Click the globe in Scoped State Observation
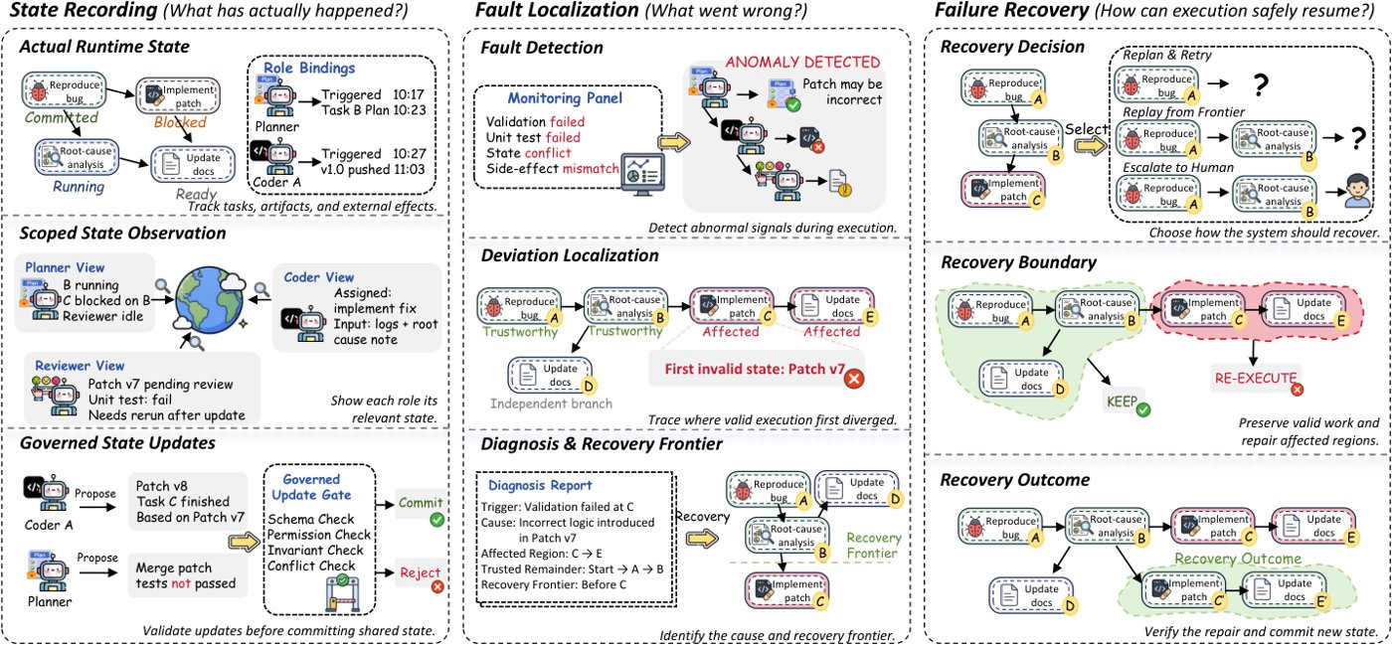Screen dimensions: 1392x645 [x=210, y=301]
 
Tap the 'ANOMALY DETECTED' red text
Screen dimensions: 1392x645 [x=803, y=63]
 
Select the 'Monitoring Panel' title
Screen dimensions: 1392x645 [x=565, y=98]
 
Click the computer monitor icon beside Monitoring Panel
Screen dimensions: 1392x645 [x=644, y=175]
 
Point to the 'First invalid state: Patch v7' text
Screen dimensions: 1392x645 [x=755, y=369]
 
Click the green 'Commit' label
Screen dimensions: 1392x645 [x=421, y=503]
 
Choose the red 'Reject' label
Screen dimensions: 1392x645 [x=420, y=572]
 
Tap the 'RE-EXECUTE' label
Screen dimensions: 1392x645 [x=1255, y=379]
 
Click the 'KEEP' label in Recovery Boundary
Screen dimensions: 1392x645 [x=1122, y=403]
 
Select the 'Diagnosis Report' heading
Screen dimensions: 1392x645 [x=539, y=485]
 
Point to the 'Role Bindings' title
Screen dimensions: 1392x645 [x=309, y=69]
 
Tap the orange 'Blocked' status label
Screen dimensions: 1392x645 [x=180, y=122]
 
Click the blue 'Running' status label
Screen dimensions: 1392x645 [x=79, y=187]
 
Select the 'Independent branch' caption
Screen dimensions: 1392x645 [x=551, y=403]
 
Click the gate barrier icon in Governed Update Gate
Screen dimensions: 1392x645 [x=342, y=594]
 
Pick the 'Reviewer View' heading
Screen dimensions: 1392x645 [x=80, y=366]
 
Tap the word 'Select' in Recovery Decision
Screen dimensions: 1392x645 [x=1087, y=129]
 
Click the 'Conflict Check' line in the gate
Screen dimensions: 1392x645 [x=311, y=566]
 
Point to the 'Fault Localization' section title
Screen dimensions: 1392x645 [x=557, y=10]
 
